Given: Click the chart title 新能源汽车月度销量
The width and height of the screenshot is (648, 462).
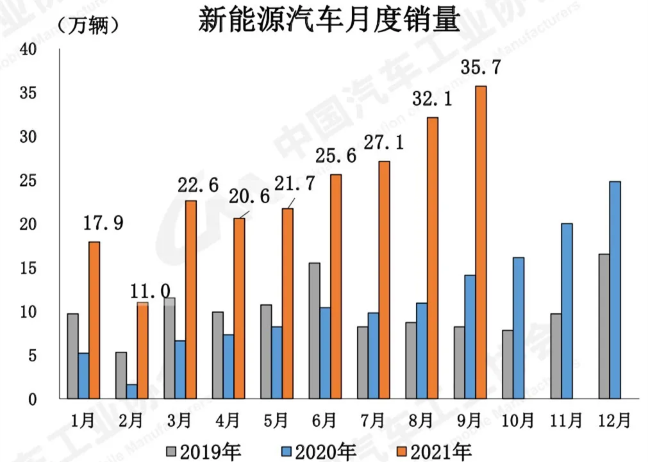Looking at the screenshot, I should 329,21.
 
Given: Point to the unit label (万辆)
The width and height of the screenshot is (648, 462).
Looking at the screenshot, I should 87,26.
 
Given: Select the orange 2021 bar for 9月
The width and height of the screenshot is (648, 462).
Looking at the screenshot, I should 481,242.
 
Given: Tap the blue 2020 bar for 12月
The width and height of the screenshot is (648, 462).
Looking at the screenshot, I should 615,290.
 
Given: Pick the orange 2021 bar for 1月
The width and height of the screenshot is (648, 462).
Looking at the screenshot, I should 94,320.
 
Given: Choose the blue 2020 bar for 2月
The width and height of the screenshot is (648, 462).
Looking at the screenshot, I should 131,392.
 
